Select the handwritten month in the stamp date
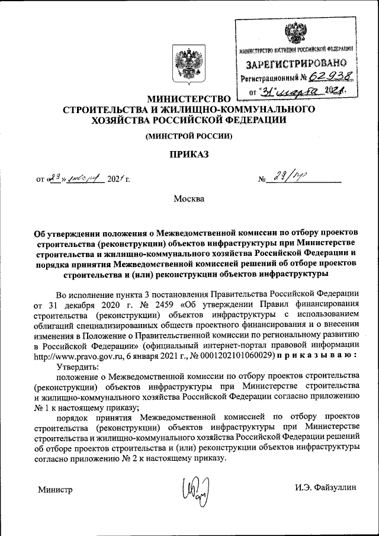coord(296,91)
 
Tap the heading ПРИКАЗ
coord(189,155)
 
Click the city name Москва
coord(189,198)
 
